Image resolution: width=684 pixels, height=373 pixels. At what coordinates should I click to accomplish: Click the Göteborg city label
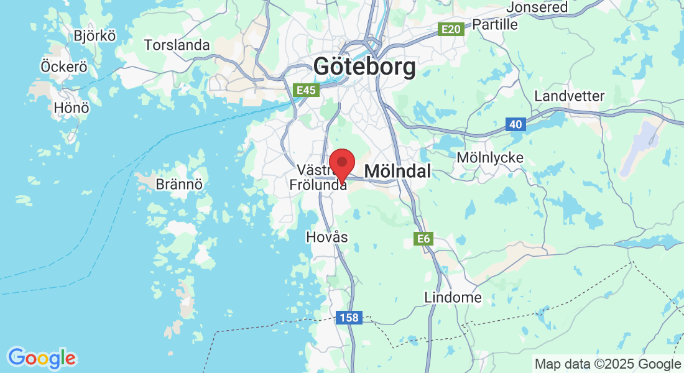pyautogui.click(x=364, y=67)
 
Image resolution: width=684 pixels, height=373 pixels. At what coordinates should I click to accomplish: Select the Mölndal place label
pyautogui.click(x=397, y=171)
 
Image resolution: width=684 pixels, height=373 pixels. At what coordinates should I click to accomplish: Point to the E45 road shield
pyautogui.click(x=307, y=91)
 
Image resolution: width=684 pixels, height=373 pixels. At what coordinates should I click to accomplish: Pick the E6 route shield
pyautogui.click(x=423, y=238)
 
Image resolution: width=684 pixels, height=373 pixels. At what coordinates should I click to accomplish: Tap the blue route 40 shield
pyautogui.click(x=515, y=124)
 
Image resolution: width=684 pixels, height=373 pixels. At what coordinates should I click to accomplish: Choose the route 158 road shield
pyautogui.click(x=349, y=318)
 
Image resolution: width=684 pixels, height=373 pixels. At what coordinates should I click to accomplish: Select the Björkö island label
pyautogui.click(x=95, y=35)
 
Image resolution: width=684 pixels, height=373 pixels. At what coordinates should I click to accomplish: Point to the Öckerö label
pyautogui.click(x=63, y=66)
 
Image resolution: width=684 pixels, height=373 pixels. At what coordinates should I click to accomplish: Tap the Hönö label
pyautogui.click(x=72, y=108)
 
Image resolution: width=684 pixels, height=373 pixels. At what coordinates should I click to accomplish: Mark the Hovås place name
pyautogui.click(x=327, y=237)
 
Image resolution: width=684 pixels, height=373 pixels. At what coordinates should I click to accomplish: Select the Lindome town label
pyautogui.click(x=453, y=297)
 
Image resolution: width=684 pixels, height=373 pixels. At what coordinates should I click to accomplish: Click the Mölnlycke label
pyautogui.click(x=490, y=157)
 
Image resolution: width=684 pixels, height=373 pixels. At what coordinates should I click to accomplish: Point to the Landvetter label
pyautogui.click(x=569, y=96)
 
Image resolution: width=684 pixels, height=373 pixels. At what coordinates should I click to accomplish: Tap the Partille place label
pyautogui.click(x=495, y=24)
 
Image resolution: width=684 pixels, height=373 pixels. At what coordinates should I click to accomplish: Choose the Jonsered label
pyautogui.click(x=537, y=7)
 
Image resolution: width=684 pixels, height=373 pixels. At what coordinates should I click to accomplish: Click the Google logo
pyautogui.click(x=42, y=358)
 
